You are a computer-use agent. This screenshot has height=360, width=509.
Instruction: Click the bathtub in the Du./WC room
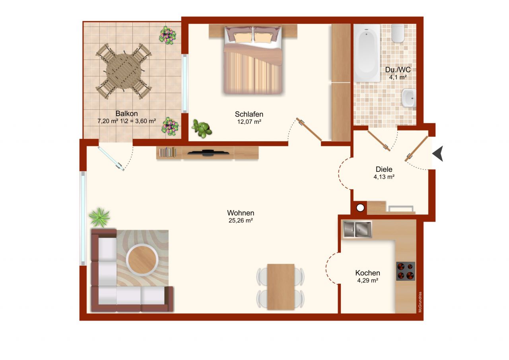(367, 53)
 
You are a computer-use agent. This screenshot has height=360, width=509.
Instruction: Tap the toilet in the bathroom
(397, 33)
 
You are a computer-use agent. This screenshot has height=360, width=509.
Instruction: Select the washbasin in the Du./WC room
(408, 98)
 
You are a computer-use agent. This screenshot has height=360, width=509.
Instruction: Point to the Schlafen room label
(249, 114)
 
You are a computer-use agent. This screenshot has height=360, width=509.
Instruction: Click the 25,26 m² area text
(241, 221)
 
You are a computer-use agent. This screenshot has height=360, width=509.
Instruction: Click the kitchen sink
(357, 229)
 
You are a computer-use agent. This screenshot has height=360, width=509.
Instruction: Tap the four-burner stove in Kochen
(405, 271)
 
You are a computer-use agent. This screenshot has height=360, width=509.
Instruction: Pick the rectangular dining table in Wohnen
(281, 286)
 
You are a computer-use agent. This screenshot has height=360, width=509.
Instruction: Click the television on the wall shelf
(208, 153)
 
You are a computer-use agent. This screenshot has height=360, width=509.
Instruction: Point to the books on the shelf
(167, 152)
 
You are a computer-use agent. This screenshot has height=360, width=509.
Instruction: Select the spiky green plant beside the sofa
(99, 217)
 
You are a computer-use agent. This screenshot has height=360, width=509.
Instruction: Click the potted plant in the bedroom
(202, 128)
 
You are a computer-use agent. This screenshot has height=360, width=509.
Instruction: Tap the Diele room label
(384, 169)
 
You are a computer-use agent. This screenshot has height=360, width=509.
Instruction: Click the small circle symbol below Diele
(361, 208)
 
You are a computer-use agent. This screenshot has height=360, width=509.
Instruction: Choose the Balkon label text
(126, 113)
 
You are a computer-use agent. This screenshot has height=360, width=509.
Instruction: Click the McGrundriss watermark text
(420, 302)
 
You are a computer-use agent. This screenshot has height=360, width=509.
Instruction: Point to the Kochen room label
(367, 273)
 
